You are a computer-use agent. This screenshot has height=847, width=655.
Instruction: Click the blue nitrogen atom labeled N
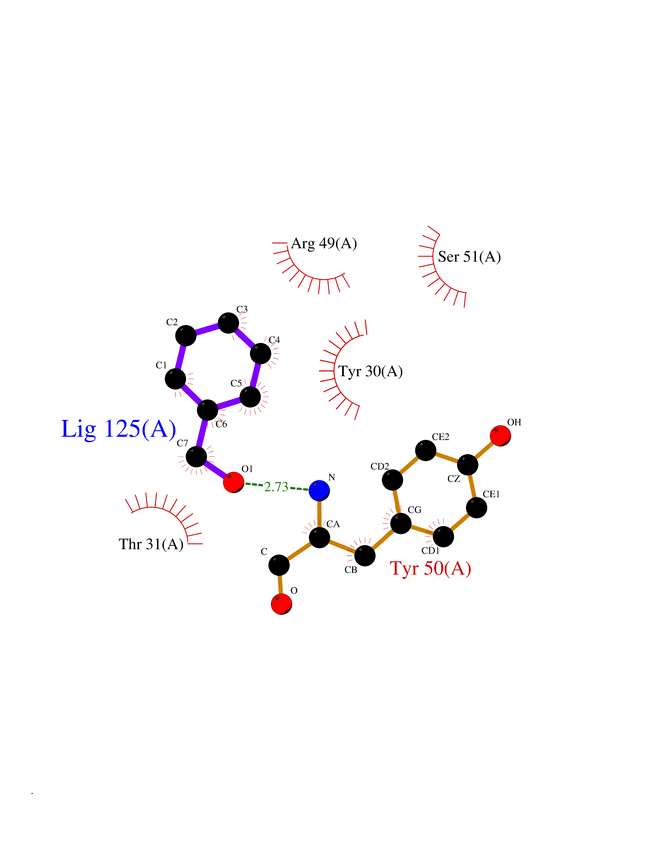[x=319, y=491]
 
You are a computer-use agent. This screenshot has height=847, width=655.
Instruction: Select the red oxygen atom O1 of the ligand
[x=234, y=482]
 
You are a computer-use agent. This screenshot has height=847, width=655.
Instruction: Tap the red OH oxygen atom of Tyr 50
[x=500, y=436]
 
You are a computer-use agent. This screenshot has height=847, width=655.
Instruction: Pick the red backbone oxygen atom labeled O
[x=281, y=604]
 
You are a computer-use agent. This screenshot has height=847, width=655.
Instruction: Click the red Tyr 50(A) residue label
[x=430, y=569]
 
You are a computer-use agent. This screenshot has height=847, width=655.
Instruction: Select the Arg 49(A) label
[x=324, y=244]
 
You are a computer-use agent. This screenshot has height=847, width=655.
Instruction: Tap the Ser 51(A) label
[x=470, y=257]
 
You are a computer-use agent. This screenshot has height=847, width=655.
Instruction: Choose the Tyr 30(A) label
[x=370, y=372]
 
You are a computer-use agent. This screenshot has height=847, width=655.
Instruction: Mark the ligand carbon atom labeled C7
[x=196, y=457]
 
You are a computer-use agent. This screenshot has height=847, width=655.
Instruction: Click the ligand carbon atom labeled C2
[x=186, y=335]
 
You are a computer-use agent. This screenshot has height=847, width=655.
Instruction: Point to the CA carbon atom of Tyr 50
[x=319, y=537]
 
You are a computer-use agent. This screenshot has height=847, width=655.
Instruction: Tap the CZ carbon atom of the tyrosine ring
[x=468, y=465]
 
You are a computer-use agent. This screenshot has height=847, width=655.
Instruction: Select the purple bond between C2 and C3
[x=207, y=329]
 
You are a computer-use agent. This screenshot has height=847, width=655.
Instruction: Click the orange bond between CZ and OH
[x=484, y=450]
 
